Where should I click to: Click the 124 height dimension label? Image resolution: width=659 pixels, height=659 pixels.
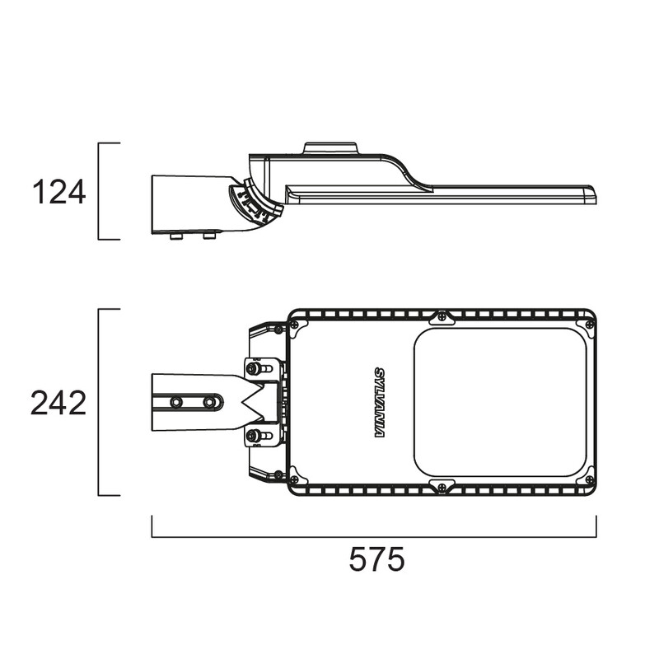(x=58, y=192)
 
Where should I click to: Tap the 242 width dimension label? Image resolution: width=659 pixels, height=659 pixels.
(x=58, y=403)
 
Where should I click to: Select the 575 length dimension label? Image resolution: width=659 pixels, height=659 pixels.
(x=377, y=559)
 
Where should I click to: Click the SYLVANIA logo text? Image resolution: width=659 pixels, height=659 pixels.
(x=380, y=403)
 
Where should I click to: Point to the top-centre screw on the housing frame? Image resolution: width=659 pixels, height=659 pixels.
(x=442, y=317)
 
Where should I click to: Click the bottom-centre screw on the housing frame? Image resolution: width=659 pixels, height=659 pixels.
(x=442, y=488)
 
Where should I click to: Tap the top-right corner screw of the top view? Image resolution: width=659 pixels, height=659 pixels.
(x=590, y=324)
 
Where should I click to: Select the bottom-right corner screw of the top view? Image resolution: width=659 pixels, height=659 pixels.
(x=590, y=479)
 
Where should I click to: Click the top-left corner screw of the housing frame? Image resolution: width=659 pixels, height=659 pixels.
(x=295, y=325)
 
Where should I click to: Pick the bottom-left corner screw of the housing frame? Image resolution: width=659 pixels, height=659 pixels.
(x=295, y=479)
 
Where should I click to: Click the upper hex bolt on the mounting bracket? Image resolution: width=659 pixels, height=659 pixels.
(x=253, y=368)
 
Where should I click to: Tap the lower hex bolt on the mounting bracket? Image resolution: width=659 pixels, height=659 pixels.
(x=253, y=436)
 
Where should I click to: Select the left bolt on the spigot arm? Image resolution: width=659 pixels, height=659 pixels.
(x=175, y=402)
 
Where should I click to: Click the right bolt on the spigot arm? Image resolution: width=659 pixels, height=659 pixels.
(x=209, y=402)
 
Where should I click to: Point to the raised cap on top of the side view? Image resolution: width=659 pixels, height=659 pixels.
(x=331, y=148)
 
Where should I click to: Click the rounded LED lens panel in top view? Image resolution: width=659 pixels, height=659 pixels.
(x=500, y=402)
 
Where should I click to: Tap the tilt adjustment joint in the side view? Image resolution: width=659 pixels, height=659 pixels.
(x=255, y=201)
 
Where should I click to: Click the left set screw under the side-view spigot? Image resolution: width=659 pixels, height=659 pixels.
(x=176, y=236)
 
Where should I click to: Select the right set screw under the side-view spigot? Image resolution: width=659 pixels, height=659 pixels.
(x=209, y=236)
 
